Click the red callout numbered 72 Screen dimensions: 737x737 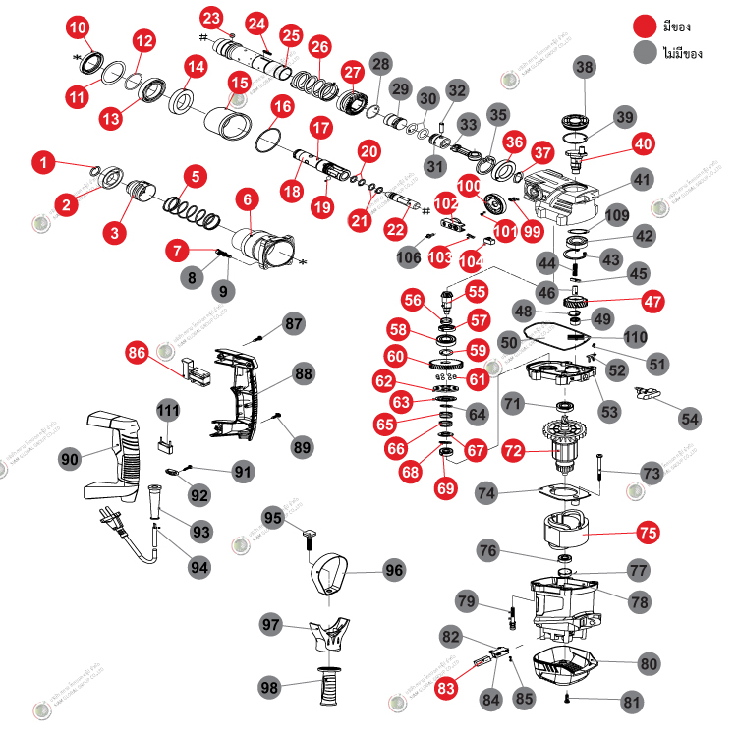pyautogui.click(x=513, y=452)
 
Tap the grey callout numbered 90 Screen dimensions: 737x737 pyautogui.click(x=70, y=458)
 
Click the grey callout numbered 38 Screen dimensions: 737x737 pyautogui.click(x=585, y=67)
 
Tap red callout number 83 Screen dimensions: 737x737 pyautogui.click(x=447, y=689)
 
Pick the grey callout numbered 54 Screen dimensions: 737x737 pyautogui.click(x=692, y=418)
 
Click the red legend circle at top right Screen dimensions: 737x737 pyautogui.click(x=645, y=25)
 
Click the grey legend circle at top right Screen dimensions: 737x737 pyautogui.click(x=645, y=51)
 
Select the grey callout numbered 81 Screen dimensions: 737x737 pyautogui.click(x=631, y=703)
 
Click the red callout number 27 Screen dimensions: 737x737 pyautogui.click(x=353, y=72)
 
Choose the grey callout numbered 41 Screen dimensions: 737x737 pyautogui.click(x=642, y=180)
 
